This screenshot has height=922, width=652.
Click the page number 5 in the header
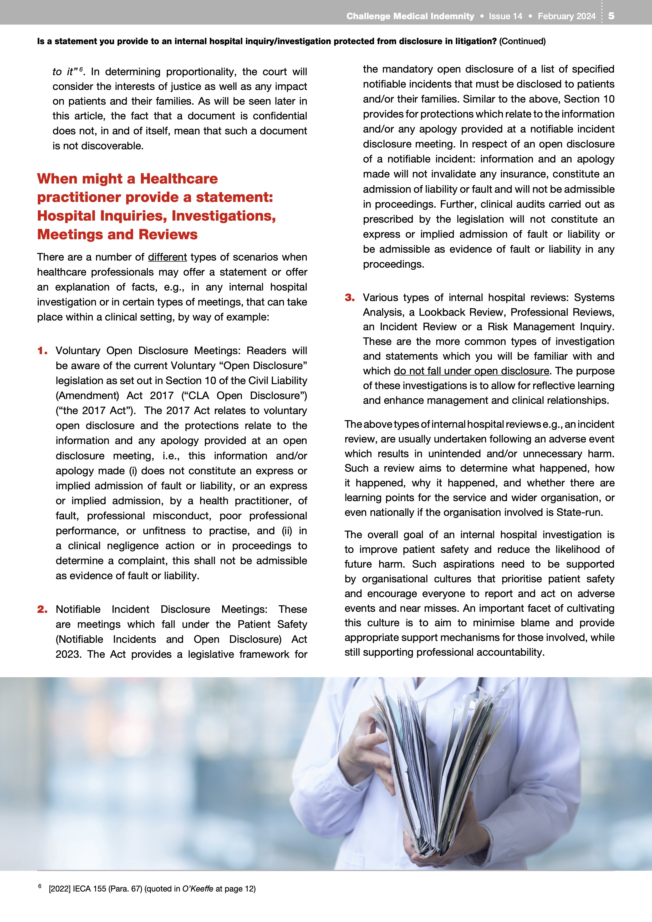pyautogui.click(x=611, y=16)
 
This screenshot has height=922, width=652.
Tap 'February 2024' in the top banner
pyautogui.click(x=567, y=17)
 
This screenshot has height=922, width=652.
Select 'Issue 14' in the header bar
pyautogui.click(x=506, y=17)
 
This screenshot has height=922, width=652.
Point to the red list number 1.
pyautogui.click(x=42, y=351)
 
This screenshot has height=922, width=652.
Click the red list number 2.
pyautogui.click(x=42, y=610)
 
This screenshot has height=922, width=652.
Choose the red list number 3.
pyautogui.click(x=350, y=298)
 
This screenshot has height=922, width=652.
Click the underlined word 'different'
pyautogui.click(x=167, y=257)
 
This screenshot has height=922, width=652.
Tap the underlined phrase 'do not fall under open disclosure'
pyautogui.click(x=471, y=371)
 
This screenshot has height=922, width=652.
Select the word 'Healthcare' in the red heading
pyautogui.click(x=179, y=179)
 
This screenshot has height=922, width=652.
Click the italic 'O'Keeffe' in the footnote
pyautogui.click(x=197, y=889)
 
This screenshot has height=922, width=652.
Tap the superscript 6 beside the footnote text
pyautogui.click(x=40, y=886)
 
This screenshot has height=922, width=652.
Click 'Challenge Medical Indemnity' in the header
pyautogui.click(x=410, y=17)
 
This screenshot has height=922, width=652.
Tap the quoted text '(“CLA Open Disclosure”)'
pyautogui.click(x=244, y=396)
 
